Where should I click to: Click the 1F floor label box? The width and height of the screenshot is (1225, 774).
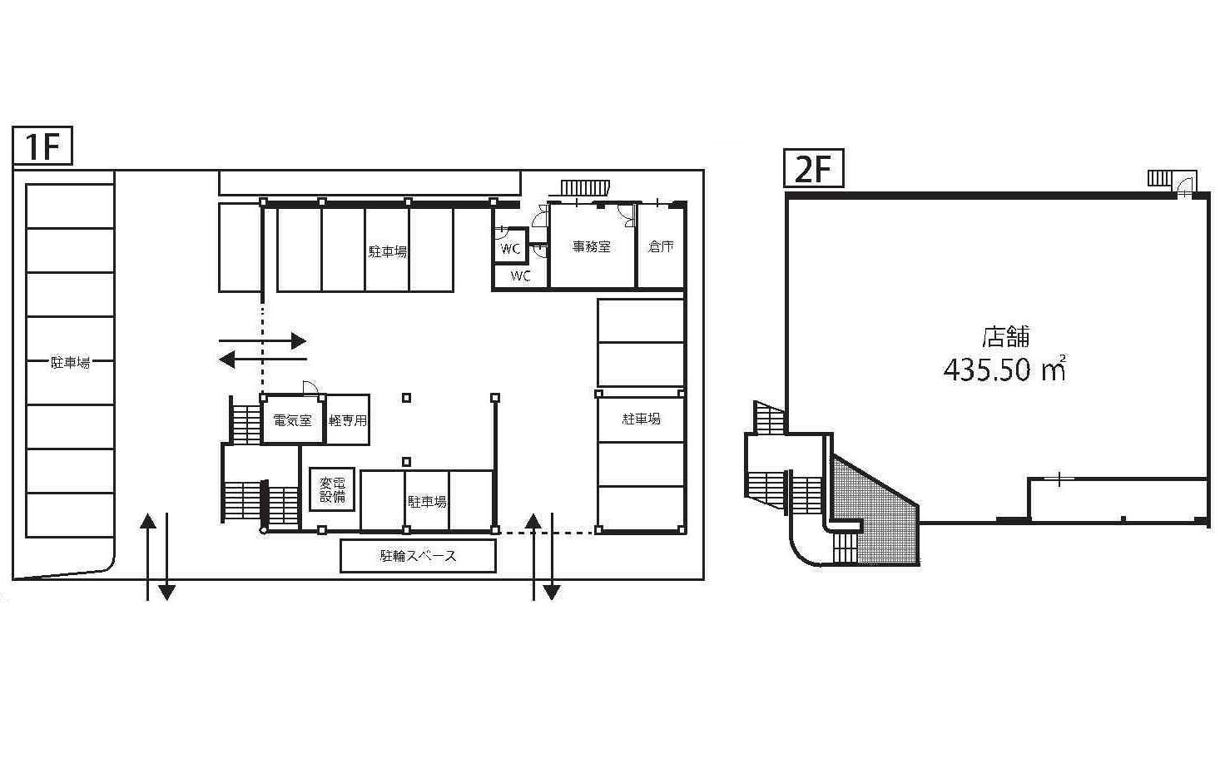(42, 146)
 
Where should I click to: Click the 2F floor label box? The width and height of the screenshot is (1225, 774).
(814, 168)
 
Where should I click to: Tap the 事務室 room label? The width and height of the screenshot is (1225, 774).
(591, 246)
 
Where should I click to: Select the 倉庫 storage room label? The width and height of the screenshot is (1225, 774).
(661, 246)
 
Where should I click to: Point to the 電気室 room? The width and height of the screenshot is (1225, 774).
(293, 420)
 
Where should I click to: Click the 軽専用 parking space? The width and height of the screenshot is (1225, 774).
(348, 420)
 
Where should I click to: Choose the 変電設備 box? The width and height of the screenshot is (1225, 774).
(333, 489)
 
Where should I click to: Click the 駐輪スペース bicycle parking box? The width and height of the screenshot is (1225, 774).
(418, 556)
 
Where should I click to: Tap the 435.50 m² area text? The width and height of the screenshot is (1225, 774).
(1005, 370)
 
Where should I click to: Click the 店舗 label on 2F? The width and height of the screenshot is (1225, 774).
(1005, 336)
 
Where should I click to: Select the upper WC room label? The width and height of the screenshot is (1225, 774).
(510, 249)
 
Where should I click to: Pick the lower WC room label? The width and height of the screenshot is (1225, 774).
(520, 275)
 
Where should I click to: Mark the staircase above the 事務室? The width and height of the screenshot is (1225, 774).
(584, 187)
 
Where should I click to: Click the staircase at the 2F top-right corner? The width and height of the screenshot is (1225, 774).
(1158, 178)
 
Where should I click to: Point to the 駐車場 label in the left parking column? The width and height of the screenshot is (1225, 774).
(71, 362)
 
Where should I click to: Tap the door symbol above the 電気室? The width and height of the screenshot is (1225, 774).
(310, 388)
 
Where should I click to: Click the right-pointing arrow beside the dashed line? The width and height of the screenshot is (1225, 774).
(262, 341)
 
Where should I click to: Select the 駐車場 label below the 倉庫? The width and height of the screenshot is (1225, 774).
(642, 419)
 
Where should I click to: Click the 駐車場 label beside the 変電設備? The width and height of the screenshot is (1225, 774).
(427, 502)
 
